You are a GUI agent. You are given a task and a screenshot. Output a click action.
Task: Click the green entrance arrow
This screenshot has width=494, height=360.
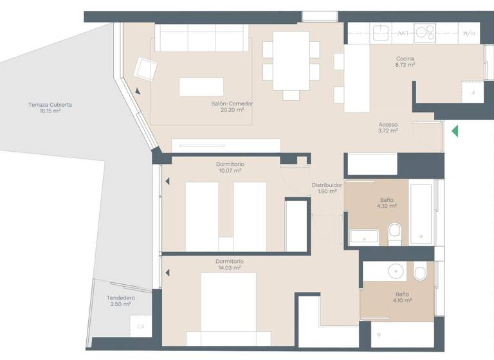455,131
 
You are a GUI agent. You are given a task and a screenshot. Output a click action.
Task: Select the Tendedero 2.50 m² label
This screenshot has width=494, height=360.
120,301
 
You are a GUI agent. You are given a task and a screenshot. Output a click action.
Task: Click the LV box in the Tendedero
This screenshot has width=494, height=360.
141,326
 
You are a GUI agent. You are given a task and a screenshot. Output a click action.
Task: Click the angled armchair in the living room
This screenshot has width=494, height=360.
145,68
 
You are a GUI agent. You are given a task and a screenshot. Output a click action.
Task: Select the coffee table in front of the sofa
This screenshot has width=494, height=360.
201,87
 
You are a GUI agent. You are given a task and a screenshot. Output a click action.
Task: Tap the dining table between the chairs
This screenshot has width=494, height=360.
291,60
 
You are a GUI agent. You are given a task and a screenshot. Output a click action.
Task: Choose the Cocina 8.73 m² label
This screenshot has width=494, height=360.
405,62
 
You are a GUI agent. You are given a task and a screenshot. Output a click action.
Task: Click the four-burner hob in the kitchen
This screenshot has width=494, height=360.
425,32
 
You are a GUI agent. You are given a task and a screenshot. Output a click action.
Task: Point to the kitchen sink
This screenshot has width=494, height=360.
382,32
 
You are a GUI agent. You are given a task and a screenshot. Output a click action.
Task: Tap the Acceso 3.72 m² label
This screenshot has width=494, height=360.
388,127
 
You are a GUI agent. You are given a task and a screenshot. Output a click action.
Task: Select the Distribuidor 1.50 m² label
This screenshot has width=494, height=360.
327,188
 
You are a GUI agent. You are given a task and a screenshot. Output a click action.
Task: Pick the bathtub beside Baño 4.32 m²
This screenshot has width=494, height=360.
421,214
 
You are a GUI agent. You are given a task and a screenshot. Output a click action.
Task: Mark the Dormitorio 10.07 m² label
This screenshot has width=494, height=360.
230,167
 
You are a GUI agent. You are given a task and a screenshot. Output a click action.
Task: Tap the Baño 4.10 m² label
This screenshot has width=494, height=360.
403,297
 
